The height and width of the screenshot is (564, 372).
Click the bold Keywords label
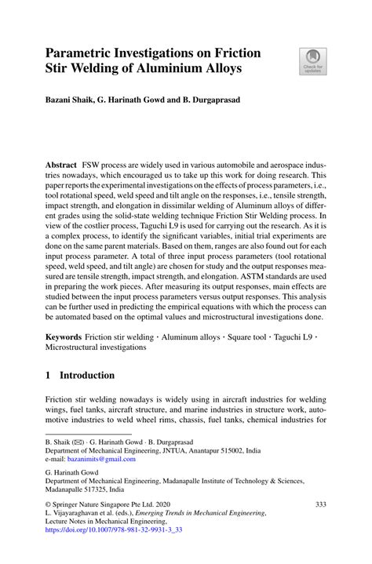(65, 335)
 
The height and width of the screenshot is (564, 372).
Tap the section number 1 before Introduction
(49, 376)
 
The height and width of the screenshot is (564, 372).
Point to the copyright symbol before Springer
(48, 504)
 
